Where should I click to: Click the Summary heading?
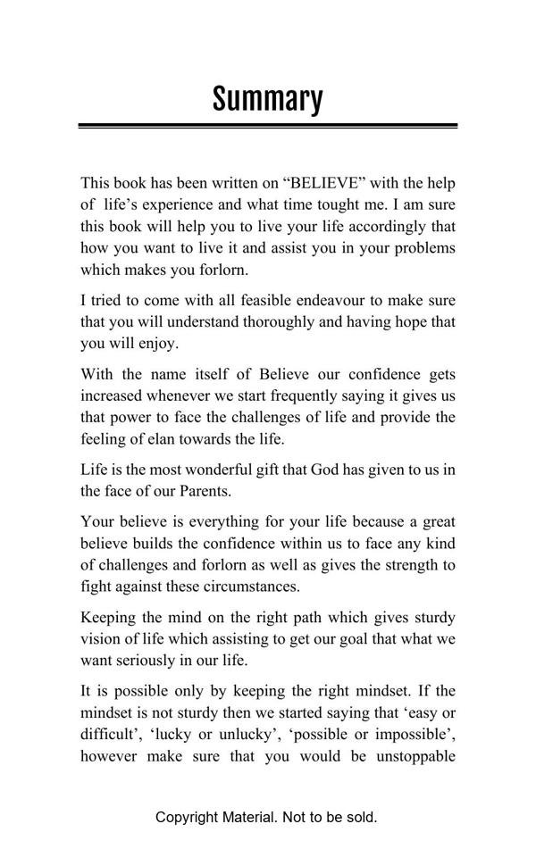pyautogui.click(x=267, y=98)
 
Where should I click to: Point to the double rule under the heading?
pyautogui.click(x=267, y=126)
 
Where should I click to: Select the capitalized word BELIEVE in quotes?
pyautogui.click(x=324, y=183)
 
